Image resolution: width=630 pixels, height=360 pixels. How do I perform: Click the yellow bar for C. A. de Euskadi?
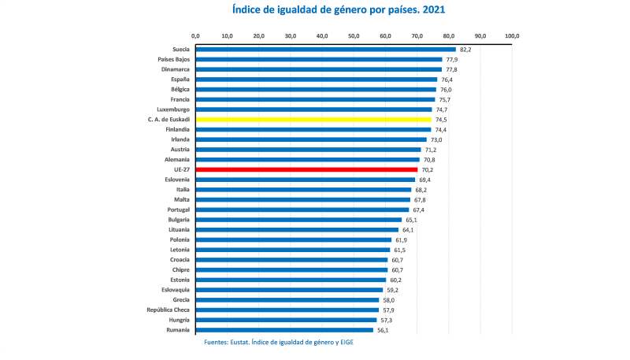pyautogui.click(x=313, y=120)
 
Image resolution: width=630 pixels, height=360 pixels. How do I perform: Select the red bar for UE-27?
pyautogui.click(x=306, y=170)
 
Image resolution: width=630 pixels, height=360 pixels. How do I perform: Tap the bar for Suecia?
pyautogui.click(x=326, y=50)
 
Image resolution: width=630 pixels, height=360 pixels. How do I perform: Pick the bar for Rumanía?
pyautogui.click(x=284, y=330)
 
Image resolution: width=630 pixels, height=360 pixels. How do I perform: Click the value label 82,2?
pyautogui.click(x=465, y=50)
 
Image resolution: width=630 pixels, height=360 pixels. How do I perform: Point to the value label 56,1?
pyautogui.click(x=383, y=330)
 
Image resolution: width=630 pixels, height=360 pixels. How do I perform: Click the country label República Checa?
pyautogui.click(x=168, y=310)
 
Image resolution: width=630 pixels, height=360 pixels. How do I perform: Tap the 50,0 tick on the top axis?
pyautogui.click(x=354, y=36)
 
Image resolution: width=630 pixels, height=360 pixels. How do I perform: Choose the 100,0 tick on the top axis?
pyautogui.click(x=512, y=36)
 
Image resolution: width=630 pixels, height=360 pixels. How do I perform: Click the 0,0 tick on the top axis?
pyautogui.click(x=196, y=36)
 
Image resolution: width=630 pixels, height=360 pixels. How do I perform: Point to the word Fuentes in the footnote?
pyautogui.click(x=220, y=343)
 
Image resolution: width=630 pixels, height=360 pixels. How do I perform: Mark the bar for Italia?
pyautogui.click(x=303, y=190)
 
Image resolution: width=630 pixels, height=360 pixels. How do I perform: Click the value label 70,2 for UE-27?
pyautogui.click(x=427, y=170)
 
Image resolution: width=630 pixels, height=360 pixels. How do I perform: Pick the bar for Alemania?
pyautogui.click(x=308, y=160)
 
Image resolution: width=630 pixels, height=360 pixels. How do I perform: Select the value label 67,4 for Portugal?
pyautogui.click(x=418, y=210)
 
